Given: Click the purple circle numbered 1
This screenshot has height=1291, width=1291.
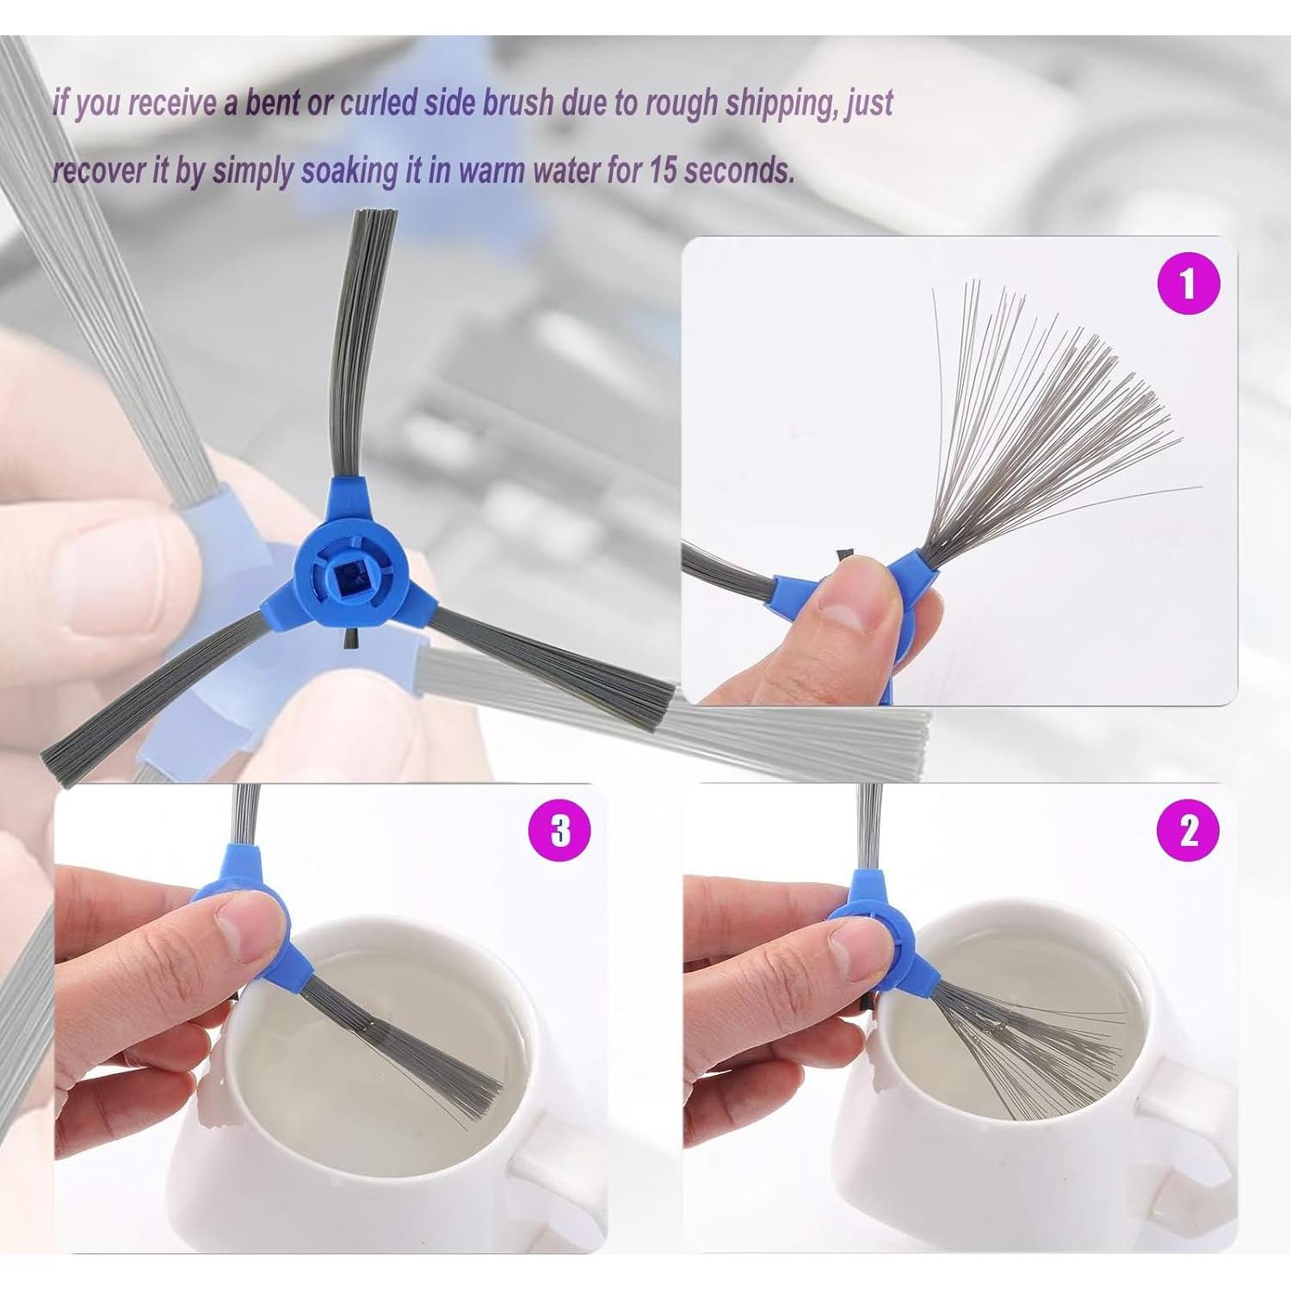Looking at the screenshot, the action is [x=1189, y=282].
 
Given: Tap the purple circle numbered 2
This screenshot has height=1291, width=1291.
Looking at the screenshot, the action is [x=1189, y=831].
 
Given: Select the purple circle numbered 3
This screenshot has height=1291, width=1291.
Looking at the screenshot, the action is [x=560, y=831].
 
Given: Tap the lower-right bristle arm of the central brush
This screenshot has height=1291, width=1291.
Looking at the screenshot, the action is [x=551, y=663].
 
